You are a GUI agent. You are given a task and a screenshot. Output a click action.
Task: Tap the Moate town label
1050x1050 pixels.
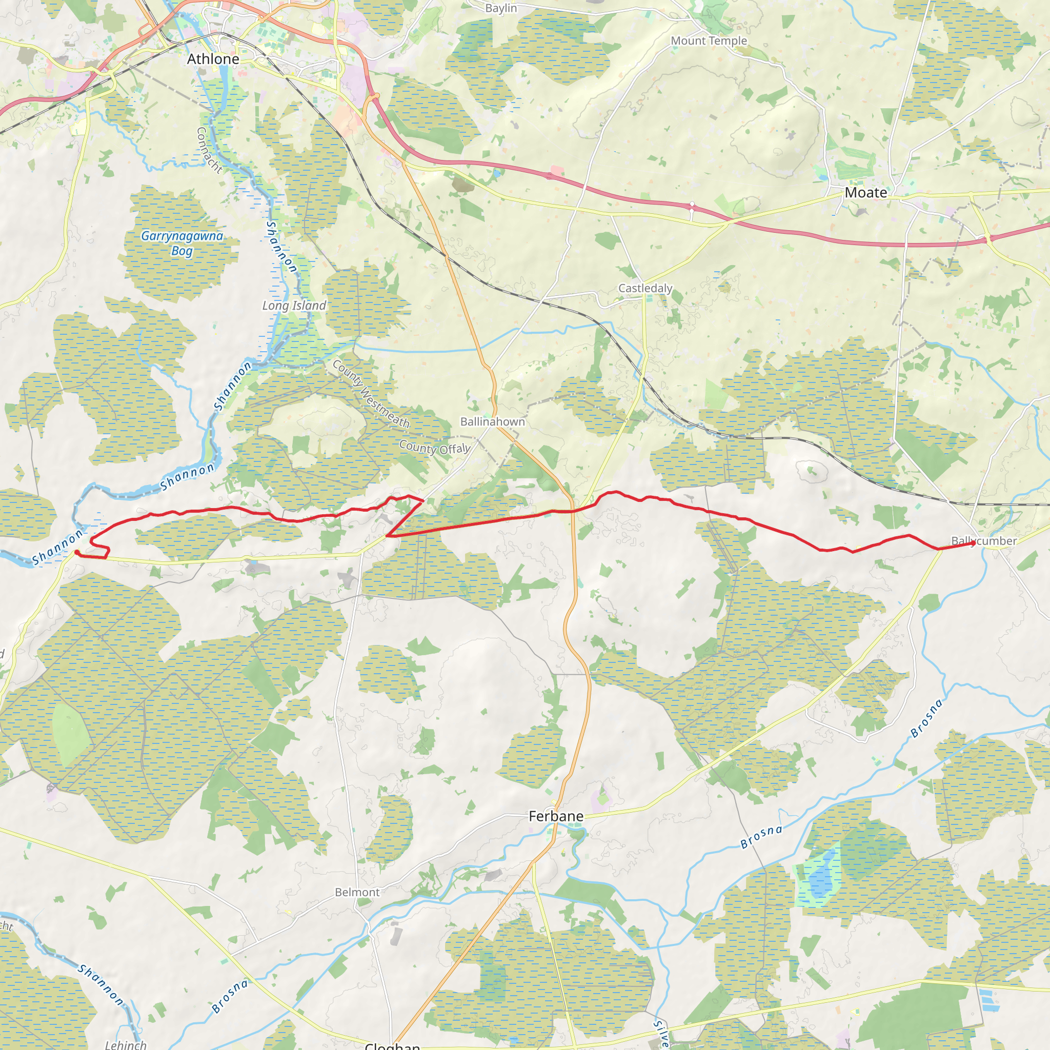(x=866, y=193)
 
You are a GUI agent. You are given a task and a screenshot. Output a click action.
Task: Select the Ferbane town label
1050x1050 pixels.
(x=556, y=816)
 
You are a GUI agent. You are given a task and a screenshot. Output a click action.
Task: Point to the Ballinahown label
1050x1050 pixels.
(x=492, y=422)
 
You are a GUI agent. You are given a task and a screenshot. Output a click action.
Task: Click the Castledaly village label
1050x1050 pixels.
(x=645, y=288)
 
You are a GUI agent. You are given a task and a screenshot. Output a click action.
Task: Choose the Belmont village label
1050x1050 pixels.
(x=357, y=893)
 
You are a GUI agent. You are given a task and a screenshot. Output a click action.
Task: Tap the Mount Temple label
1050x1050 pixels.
(x=709, y=41)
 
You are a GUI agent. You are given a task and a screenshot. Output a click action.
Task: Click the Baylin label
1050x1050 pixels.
(x=501, y=8)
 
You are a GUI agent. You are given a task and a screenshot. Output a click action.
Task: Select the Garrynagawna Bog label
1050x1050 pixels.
(x=182, y=243)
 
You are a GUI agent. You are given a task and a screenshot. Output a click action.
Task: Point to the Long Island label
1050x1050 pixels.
(x=294, y=306)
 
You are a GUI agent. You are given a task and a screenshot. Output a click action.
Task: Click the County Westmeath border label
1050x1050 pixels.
(x=371, y=393)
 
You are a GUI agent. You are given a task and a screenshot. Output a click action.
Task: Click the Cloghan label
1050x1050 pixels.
(x=392, y=1045)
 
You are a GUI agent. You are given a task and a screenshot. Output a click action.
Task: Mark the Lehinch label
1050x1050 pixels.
(x=126, y=1044)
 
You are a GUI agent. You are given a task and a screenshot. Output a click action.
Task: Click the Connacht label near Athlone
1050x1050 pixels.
(x=209, y=150)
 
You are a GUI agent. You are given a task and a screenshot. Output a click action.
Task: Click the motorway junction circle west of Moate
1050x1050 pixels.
(x=692, y=205)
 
